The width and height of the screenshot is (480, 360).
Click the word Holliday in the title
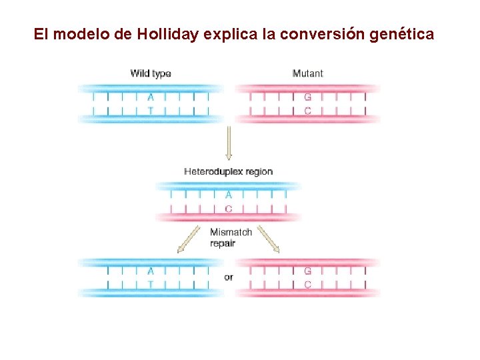pos(168,34)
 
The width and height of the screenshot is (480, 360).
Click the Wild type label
pos(151,73)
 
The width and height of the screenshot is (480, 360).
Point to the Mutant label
pos(307,73)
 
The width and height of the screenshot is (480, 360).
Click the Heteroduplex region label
pos(228,171)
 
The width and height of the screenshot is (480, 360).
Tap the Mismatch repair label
pos(231,237)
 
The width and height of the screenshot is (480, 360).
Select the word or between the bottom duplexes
pos(229,277)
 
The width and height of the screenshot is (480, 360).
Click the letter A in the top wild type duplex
pos(150,97)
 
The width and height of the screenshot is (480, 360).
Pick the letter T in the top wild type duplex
pos(150,111)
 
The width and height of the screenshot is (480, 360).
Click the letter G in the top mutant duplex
pos(307,97)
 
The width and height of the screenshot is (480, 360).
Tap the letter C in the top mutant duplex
pos(307,111)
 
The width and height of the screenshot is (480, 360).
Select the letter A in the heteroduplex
pos(229,195)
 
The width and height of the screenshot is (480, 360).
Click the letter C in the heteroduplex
pos(229,209)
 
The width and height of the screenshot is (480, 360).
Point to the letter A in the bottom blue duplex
pos(150,271)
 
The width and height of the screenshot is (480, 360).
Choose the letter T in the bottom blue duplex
pos(150,285)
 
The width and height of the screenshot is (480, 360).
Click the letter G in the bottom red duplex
pos(307,271)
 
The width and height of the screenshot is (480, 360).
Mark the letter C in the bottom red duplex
pos(307,285)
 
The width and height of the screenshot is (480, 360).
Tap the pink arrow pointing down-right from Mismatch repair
pos(269,239)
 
